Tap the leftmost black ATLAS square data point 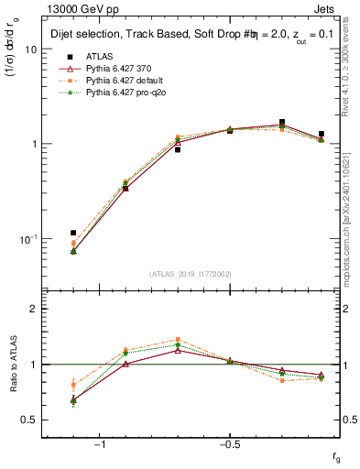(73, 233)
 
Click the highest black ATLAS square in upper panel (282, 122)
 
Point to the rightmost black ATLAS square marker (321, 134)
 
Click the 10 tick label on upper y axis (30, 49)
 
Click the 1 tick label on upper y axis (33, 144)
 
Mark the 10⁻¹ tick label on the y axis (28, 238)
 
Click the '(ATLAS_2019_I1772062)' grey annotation (191, 274)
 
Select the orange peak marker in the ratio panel (178, 340)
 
